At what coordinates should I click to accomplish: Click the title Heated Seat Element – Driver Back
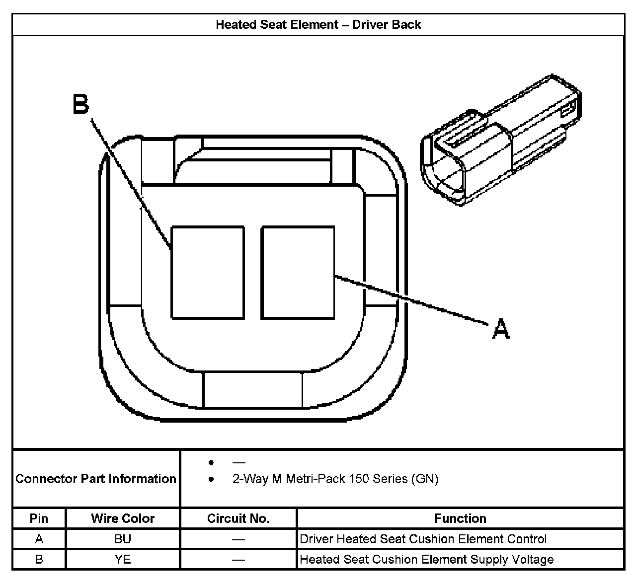click(x=318, y=25)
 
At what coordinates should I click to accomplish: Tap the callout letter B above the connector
click(x=80, y=104)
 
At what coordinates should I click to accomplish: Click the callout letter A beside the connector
click(x=500, y=329)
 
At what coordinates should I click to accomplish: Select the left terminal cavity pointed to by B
click(x=208, y=272)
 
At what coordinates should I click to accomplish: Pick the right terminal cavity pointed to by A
click(x=298, y=272)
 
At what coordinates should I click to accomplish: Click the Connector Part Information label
click(x=96, y=479)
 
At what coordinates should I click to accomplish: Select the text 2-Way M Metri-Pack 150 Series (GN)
click(x=335, y=479)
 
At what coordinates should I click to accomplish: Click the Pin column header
click(x=39, y=518)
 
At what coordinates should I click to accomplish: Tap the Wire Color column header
click(x=123, y=518)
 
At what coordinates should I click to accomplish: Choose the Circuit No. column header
click(x=238, y=518)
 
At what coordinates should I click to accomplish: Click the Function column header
click(x=460, y=518)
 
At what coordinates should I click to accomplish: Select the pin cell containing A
click(x=39, y=539)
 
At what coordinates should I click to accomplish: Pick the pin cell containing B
click(x=39, y=560)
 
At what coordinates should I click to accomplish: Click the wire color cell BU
click(x=123, y=539)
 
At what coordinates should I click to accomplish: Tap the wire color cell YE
click(x=123, y=560)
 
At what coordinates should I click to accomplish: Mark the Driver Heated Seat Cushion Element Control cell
click(x=423, y=539)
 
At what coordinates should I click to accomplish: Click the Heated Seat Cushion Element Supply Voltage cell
click(x=426, y=560)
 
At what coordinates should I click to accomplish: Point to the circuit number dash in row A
click(x=238, y=539)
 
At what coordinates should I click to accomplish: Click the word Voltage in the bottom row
click(x=534, y=560)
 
